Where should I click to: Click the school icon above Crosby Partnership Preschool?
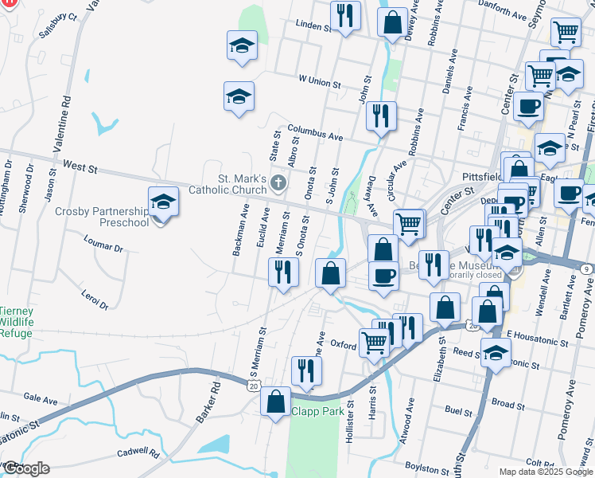tap(163, 202)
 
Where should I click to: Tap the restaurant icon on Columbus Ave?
tap(381, 116)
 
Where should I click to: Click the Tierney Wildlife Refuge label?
tap(16, 321)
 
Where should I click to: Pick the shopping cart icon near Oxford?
tap(373, 343)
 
